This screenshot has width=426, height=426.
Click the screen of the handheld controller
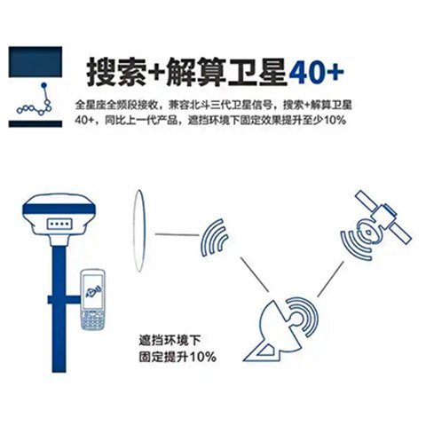92,288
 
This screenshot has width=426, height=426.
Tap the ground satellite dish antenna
285,328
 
